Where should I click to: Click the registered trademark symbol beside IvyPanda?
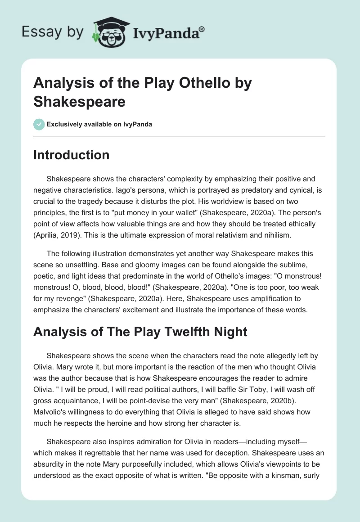[202, 29]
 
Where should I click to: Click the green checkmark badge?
[39, 124]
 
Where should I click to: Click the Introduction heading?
[72, 155]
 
